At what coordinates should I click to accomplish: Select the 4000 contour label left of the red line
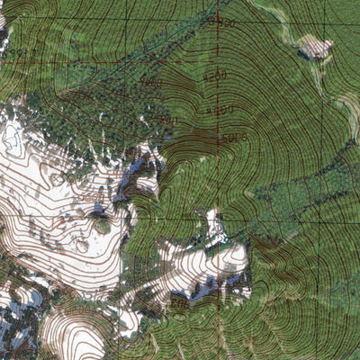pos(150,83)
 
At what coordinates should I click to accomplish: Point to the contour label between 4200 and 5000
pos(221,110)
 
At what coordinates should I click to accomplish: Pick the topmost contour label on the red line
pos(225,22)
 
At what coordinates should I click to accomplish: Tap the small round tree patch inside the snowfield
pos(103,227)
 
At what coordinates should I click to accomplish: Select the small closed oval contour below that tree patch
pos(82,245)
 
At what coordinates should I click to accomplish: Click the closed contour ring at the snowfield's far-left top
pos(13,136)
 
